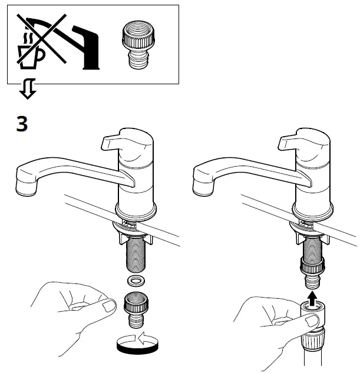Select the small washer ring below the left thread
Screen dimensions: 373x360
(x=136, y=279)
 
